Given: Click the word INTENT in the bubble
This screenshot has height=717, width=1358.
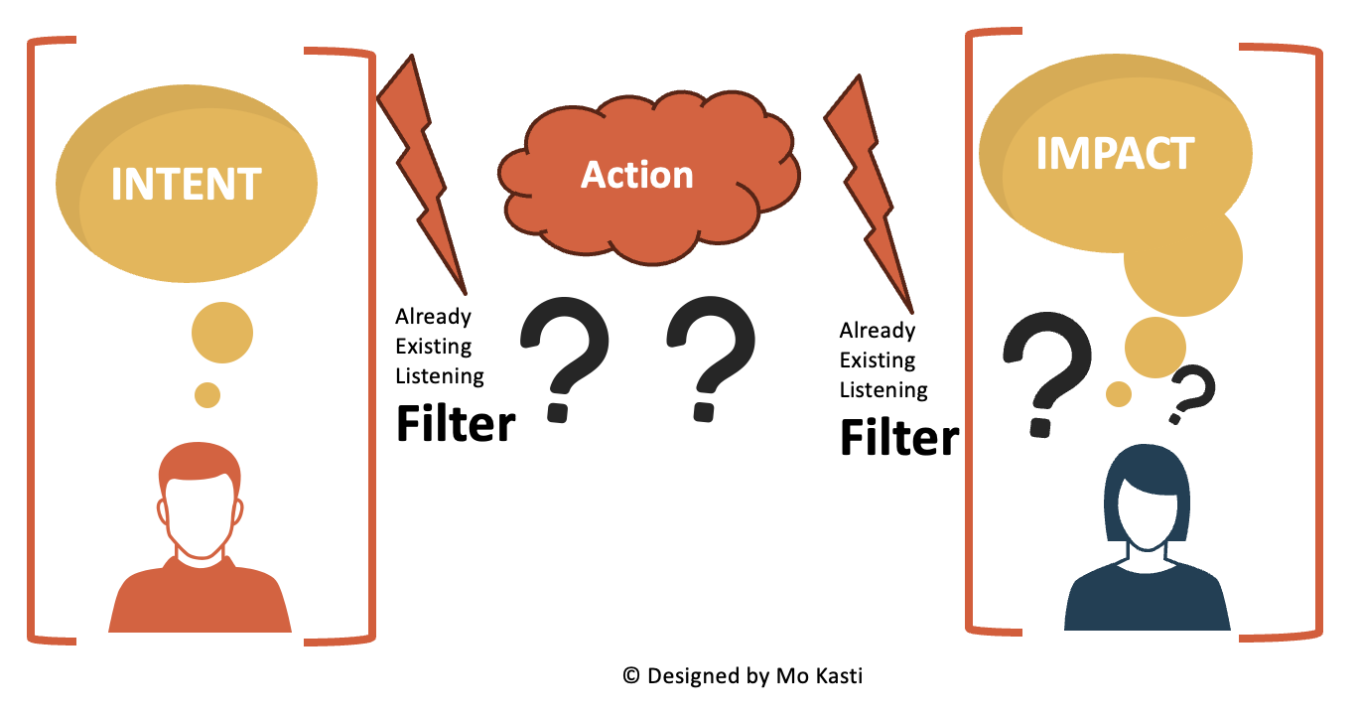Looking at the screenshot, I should point(186,184).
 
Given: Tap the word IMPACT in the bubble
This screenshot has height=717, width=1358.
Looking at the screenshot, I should point(1115,154).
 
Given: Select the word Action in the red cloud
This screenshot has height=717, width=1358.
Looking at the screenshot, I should point(636,175).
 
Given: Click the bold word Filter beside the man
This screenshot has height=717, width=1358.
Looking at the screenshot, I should point(456,424).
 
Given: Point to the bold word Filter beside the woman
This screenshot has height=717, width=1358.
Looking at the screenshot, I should point(899,437).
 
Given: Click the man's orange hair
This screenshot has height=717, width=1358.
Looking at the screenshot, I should point(200,464).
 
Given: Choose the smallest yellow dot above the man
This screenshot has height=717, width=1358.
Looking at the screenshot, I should point(206,394).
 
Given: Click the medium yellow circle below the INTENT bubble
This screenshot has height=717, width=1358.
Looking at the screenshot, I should point(221,332).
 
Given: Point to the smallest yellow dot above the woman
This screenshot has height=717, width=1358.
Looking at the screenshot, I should point(1119,394).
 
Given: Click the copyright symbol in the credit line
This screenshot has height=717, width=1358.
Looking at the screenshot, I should point(630,676).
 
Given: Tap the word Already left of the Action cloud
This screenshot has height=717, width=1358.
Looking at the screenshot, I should point(433,317).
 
